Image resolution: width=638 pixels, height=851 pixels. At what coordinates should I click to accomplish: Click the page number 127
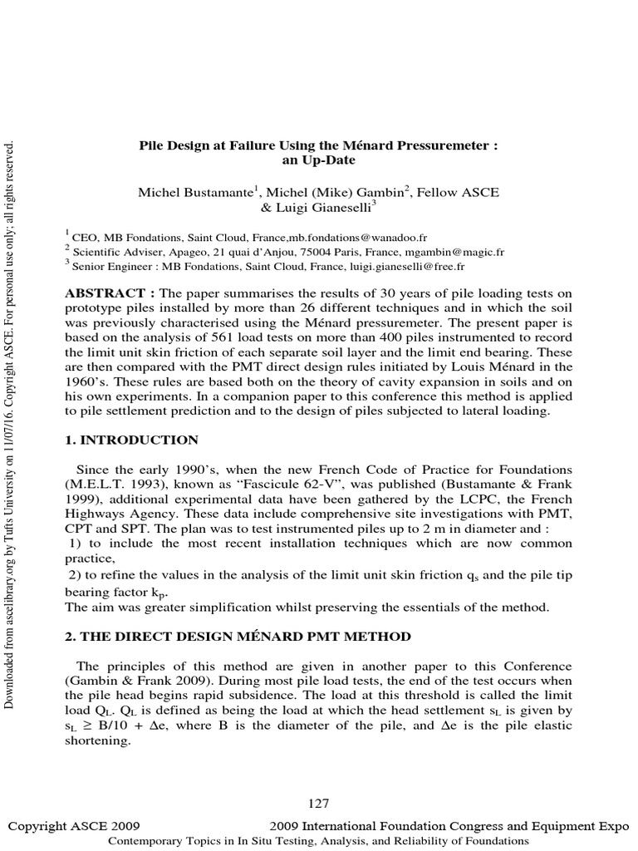click(x=318, y=803)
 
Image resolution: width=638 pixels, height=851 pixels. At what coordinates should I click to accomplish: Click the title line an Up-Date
click(x=318, y=159)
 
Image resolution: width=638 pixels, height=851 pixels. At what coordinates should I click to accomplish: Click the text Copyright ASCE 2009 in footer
click(x=73, y=826)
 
